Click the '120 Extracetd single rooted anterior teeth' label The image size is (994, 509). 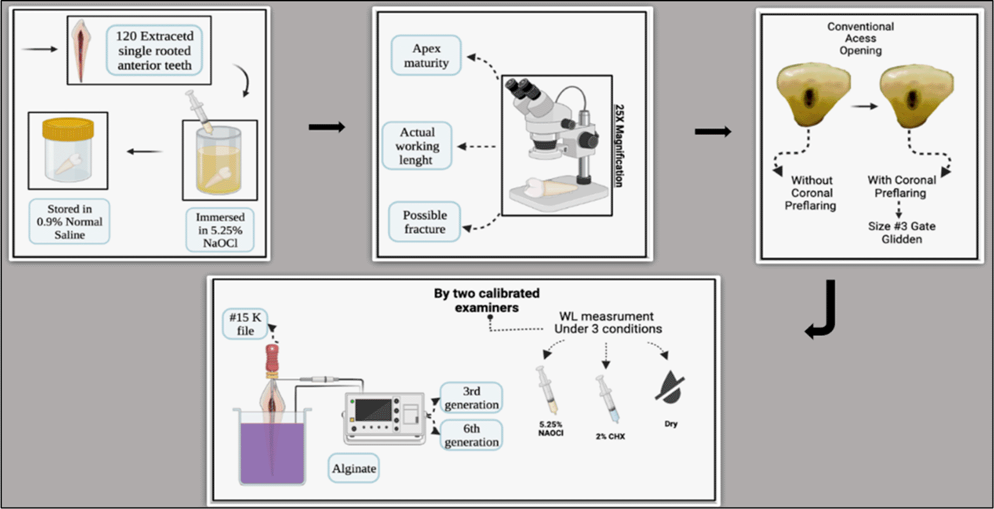(x=154, y=50)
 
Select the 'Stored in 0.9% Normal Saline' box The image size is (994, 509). (x=70, y=222)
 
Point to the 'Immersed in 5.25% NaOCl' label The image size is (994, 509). (x=220, y=230)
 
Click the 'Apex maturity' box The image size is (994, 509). (x=426, y=56)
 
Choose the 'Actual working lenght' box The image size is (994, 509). (x=417, y=146)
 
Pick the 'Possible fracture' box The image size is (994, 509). (x=424, y=222)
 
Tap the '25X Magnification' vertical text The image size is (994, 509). (x=619, y=145)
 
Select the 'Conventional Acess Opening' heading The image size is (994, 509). (x=860, y=38)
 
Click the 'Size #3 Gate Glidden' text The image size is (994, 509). (x=901, y=232)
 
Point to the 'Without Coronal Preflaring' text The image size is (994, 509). (x=811, y=193)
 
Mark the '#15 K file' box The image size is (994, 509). (x=245, y=324)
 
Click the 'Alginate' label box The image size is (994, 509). (x=353, y=468)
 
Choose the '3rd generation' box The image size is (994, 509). (x=471, y=398)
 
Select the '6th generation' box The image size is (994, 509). (x=471, y=435)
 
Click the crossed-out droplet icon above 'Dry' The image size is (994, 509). (x=670, y=387)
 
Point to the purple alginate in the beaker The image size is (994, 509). (x=272, y=453)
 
